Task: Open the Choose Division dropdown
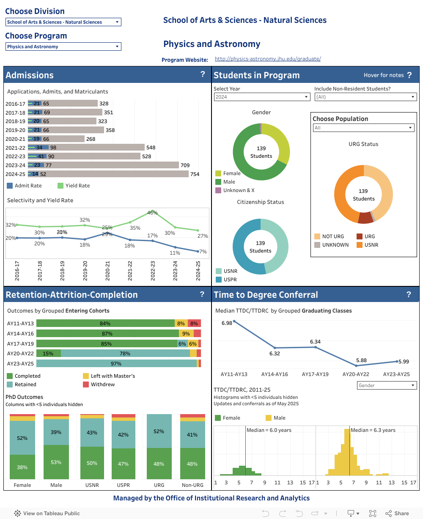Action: [63, 22]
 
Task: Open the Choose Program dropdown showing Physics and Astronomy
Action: [63, 47]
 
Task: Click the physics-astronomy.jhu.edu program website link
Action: [267, 59]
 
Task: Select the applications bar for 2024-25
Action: [127, 174]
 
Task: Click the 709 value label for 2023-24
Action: [185, 165]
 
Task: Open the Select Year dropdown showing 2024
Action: [262, 97]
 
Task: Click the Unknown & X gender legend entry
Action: [238, 190]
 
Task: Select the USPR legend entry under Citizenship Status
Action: [230, 280]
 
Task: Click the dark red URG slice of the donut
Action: [365, 217]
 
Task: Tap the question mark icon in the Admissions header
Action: [203, 74]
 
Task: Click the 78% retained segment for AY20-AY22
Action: [125, 353]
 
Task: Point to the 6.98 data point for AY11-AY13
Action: [234, 321]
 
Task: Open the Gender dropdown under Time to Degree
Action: [387, 385]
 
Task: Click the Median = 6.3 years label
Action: [373, 430]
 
